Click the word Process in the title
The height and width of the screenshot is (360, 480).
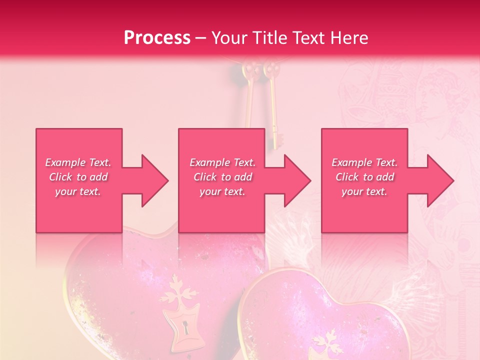[x=157, y=38]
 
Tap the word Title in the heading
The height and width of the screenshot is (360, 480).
[x=269, y=38]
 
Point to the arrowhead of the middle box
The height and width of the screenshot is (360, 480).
[x=296, y=180]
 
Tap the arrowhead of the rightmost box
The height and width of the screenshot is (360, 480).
[x=439, y=180]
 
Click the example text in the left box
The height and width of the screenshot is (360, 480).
[x=78, y=177]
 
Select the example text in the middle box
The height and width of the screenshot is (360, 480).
[x=222, y=177]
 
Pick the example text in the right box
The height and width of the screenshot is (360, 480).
[x=364, y=177]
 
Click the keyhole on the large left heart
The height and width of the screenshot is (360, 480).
[x=186, y=328]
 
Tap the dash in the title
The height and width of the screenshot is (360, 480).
[x=200, y=38]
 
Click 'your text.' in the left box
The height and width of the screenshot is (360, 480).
[x=78, y=191]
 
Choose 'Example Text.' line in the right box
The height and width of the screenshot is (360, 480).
[x=364, y=162]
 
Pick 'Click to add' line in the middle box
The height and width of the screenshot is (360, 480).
[x=222, y=177]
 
